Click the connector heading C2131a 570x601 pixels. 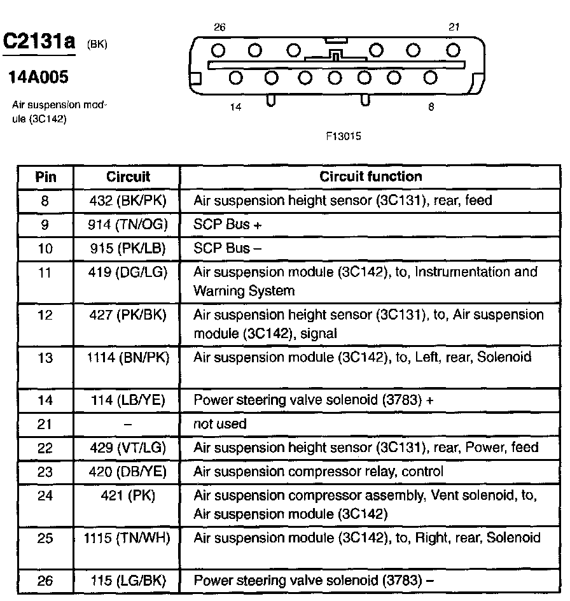[x=39, y=41]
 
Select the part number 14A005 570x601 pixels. [x=38, y=78]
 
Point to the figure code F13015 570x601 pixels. [x=344, y=136]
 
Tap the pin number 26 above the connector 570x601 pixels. [x=219, y=27]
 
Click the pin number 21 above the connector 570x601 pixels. [x=454, y=27]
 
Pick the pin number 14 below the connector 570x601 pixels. [x=236, y=108]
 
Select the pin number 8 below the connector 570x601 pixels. [x=431, y=108]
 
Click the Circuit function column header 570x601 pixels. [x=370, y=176]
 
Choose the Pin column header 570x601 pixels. [x=46, y=176]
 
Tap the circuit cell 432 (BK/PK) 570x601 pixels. [x=127, y=201]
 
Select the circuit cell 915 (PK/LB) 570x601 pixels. [x=127, y=248]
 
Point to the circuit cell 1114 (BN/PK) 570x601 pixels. [x=127, y=358]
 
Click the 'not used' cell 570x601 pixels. [x=219, y=424]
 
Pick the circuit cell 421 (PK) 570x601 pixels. [x=127, y=495]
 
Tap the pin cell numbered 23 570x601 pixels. [x=45, y=472]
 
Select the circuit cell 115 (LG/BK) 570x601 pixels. [x=127, y=580]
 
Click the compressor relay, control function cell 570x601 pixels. [x=318, y=472]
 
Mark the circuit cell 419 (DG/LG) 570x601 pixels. [x=127, y=272]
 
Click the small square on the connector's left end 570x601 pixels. [x=196, y=78]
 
